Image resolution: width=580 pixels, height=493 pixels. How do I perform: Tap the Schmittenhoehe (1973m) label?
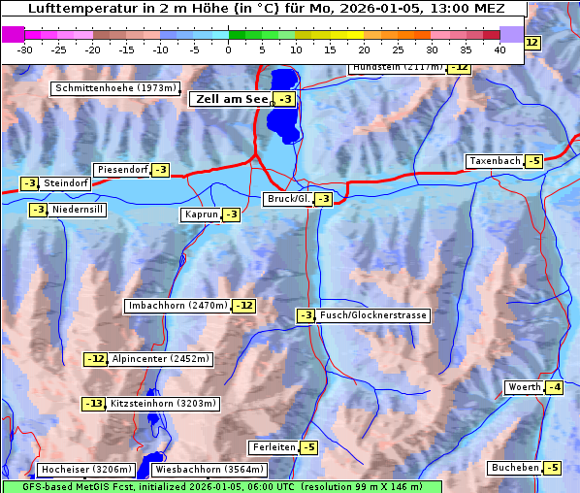[x=115, y=88]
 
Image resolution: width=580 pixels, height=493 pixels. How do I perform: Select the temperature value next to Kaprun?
[x=231, y=214]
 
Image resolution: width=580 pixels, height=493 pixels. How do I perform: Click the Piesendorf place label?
[x=121, y=170]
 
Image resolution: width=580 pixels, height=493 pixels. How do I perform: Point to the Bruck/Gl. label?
[x=288, y=199]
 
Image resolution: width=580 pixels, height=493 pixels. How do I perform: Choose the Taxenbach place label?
[x=494, y=161]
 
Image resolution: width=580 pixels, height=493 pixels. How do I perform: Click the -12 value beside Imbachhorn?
[x=244, y=306]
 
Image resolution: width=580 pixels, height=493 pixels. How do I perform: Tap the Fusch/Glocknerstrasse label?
[x=373, y=315]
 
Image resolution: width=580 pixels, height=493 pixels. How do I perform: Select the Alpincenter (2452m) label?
[x=160, y=359]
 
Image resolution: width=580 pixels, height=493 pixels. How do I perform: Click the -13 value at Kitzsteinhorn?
[x=93, y=404]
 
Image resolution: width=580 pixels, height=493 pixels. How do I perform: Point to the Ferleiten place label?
[x=273, y=447]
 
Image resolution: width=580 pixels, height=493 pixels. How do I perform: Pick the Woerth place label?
[x=524, y=387]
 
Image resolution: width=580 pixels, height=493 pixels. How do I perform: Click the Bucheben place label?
[x=515, y=468]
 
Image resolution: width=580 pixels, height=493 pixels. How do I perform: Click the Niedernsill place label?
[x=78, y=210]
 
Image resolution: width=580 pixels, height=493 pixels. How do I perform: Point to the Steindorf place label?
[x=66, y=183]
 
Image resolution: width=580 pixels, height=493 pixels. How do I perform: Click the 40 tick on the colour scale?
[x=499, y=49]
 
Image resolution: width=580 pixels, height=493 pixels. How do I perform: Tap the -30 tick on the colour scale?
[x=25, y=49]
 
